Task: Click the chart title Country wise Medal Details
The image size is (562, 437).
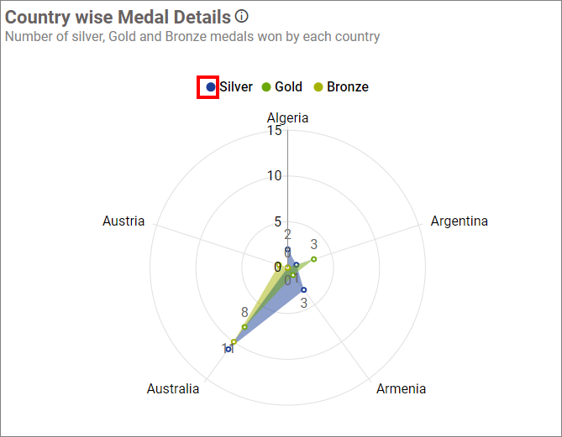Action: [118, 17]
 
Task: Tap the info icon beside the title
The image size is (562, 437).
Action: [242, 16]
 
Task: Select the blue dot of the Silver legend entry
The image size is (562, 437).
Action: [211, 86]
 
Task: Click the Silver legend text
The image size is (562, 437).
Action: [236, 87]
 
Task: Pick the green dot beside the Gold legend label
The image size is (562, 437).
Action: [266, 87]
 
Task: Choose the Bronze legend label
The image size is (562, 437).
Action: [347, 87]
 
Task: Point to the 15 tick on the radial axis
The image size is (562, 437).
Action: [275, 131]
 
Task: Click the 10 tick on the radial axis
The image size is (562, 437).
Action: [275, 176]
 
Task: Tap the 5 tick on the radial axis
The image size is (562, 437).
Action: [278, 222]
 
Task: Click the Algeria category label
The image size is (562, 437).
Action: [287, 117]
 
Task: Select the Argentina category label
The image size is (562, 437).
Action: [459, 221]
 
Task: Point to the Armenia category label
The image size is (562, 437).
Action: [401, 388]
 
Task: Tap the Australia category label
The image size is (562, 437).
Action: [173, 388]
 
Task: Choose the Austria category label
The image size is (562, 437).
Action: [123, 221]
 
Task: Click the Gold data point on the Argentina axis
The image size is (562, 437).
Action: [313, 259]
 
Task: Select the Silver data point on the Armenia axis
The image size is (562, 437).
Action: [303, 289]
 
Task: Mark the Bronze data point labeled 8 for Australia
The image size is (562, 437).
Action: [244, 326]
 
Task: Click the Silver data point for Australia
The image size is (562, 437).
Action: [228, 349]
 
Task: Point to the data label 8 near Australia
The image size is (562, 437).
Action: [244, 312]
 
